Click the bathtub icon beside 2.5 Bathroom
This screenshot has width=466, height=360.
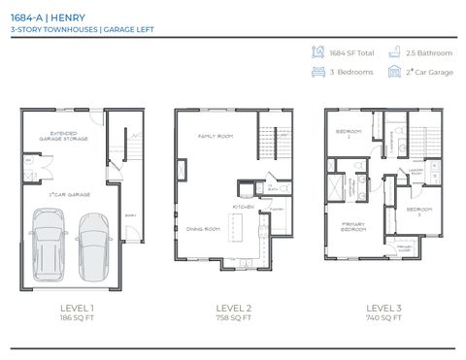pos(393,52)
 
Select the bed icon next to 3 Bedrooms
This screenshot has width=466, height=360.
pos(317,71)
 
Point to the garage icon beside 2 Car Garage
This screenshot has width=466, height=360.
pos(393,71)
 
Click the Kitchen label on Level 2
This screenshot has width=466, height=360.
pos(243,207)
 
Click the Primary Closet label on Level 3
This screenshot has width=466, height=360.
pos(405,247)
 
